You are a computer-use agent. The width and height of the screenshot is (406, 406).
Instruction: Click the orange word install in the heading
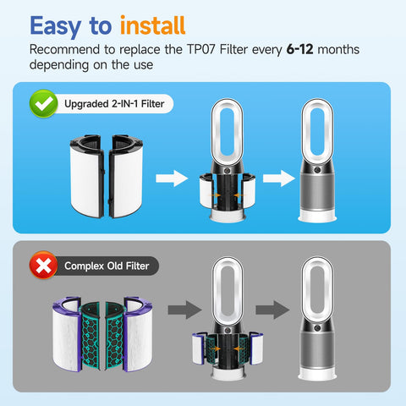pos(152,25)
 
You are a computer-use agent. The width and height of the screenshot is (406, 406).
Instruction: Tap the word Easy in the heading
pos(55,27)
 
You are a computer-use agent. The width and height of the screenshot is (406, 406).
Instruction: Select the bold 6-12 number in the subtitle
pos(299,49)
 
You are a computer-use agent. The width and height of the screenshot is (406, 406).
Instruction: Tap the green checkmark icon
pos(43,103)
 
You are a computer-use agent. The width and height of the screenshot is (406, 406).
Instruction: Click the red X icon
pos(43,265)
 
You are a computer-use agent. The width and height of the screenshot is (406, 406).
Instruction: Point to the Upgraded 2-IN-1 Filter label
pos(114,104)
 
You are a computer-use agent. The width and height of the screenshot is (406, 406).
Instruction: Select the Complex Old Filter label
pos(107,266)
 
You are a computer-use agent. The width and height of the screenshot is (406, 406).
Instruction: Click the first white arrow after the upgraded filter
pos(172,178)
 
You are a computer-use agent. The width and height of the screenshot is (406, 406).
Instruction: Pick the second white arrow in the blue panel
pos(279,178)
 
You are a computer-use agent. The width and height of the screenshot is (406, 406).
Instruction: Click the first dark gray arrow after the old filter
pos(184,310)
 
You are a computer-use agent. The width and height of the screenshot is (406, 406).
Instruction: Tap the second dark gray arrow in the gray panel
pos(272,310)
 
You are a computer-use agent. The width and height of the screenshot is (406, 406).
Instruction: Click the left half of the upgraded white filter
pos(87,176)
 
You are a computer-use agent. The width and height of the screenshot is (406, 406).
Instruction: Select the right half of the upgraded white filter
pos(126,176)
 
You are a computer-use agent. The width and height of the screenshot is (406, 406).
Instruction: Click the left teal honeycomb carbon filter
pos(91,336)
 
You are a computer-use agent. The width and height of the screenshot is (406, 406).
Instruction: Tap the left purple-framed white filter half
pos(67,334)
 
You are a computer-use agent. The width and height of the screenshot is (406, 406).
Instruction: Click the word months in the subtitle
pos(338,49)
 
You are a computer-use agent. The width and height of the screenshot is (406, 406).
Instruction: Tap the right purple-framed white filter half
pos(138,334)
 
